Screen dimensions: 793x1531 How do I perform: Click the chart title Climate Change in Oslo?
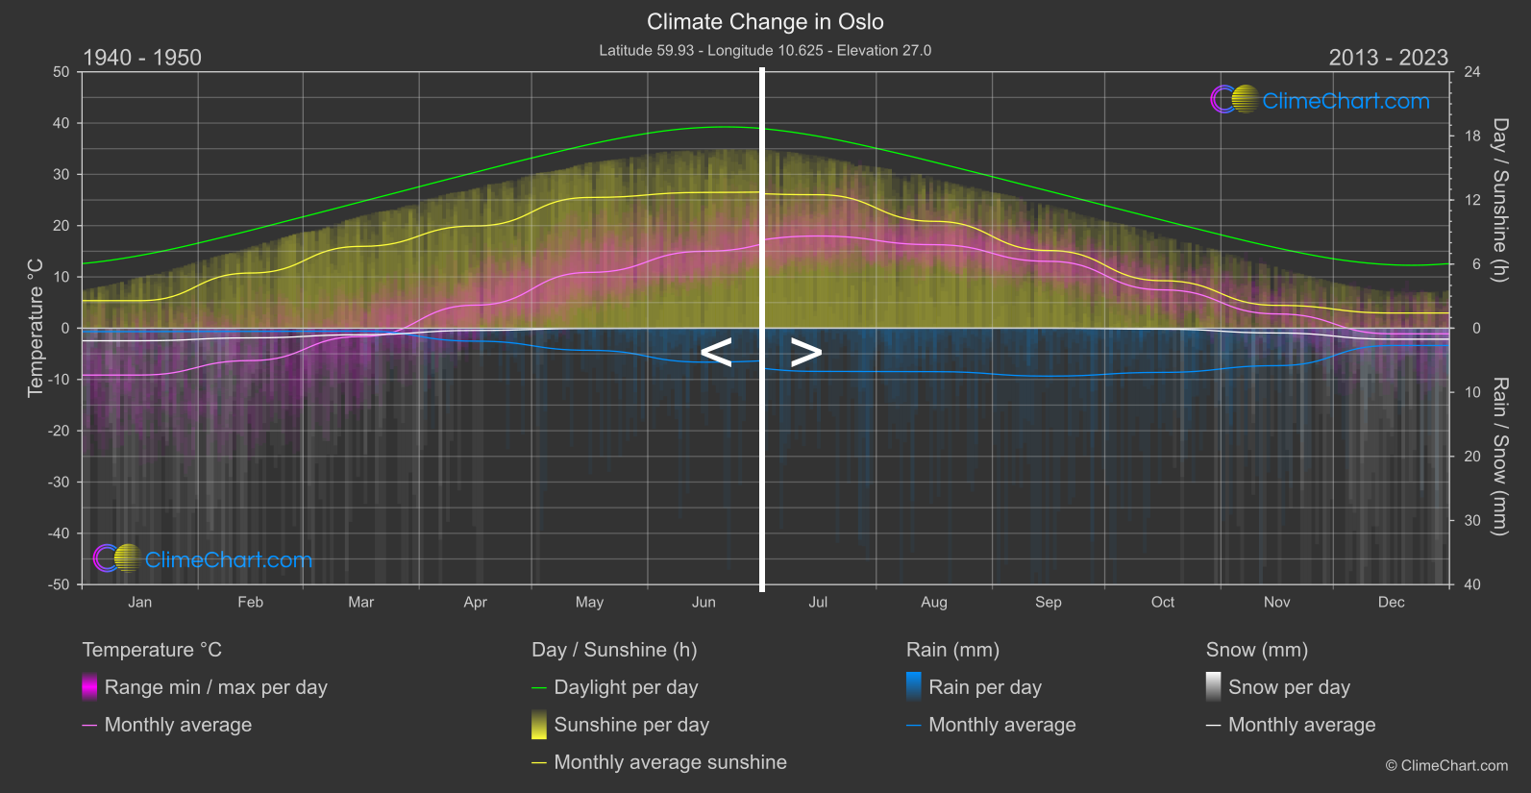[x=765, y=22]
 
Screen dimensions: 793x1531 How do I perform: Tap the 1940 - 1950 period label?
[x=142, y=58]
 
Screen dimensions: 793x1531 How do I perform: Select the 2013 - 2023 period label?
[x=1388, y=58]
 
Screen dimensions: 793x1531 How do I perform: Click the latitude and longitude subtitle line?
[x=765, y=51]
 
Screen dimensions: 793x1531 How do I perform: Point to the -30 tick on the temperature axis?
[x=60, y=483]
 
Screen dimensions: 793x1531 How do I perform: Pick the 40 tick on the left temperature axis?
[x=62, y=123]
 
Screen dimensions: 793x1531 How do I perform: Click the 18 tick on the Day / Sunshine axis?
[x=1472, y=136]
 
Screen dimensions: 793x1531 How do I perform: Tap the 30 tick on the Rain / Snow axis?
[x=1472, y=521]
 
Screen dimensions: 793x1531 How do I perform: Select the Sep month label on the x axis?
[x=1048, y=603]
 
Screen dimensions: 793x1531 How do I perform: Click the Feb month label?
[x=250, y=603]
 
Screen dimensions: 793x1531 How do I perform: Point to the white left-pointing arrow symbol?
[x=716, y=353]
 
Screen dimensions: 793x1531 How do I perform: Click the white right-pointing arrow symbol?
[x=806, y=353]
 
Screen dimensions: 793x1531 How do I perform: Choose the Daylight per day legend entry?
[x=626, y=687]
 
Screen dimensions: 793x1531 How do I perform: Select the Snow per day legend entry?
[x=1289, y=687]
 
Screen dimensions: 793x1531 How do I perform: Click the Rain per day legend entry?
[x=984, y=687]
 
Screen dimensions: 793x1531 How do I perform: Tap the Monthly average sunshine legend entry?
[x=670, y=762]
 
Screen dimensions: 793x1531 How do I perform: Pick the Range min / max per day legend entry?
[x=215, y=687]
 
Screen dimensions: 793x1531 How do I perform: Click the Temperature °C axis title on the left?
[x=36, y=328]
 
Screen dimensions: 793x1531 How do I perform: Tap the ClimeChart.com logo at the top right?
[x=1321, y=100]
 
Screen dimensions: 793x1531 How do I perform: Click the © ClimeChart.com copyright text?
[x=1446, y=766]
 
